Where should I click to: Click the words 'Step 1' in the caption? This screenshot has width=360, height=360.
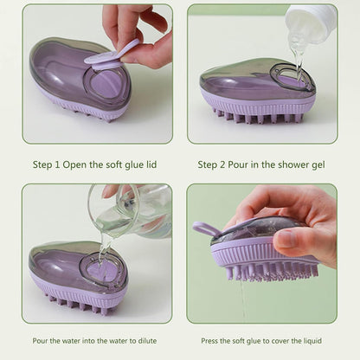click(x=49, y=164)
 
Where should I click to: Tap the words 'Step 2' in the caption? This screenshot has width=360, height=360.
click(x=215, y=164)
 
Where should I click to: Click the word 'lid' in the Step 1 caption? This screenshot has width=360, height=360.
click(x=150, y=164)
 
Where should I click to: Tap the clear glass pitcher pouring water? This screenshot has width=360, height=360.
click(x=130, y=210)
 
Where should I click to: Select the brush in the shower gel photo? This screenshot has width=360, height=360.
click(x=258, y=93)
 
